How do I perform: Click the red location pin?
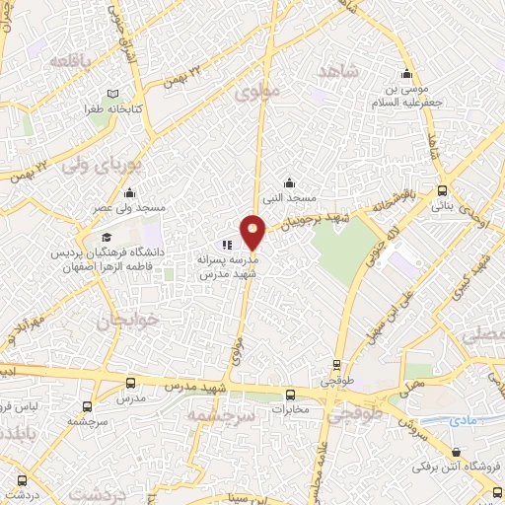253,231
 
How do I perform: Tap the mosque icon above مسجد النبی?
289,182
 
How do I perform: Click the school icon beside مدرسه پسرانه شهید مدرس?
227,245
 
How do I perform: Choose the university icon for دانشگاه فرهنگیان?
105,238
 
